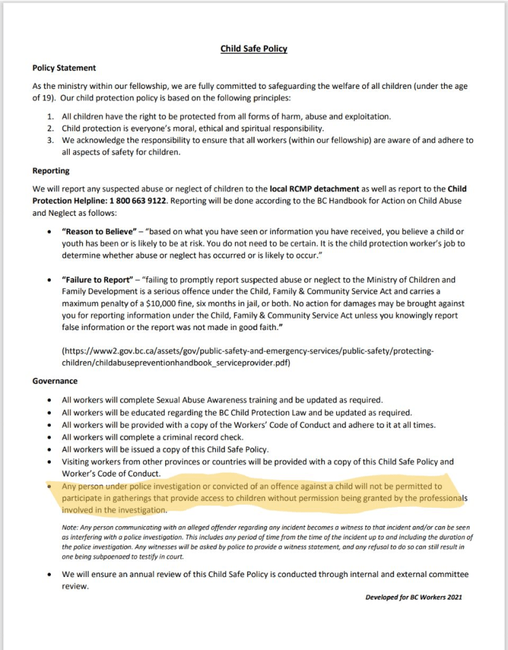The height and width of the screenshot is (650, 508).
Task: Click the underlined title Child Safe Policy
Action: click(x=254, y=49)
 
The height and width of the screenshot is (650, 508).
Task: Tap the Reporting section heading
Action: click(x=51, y=171)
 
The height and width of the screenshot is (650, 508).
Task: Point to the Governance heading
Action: click(x=55, y=381)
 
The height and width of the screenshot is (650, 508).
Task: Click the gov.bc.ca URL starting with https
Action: click(x=248, y=351)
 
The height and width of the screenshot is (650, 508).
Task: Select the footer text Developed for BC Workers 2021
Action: click(x=413, y=597)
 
